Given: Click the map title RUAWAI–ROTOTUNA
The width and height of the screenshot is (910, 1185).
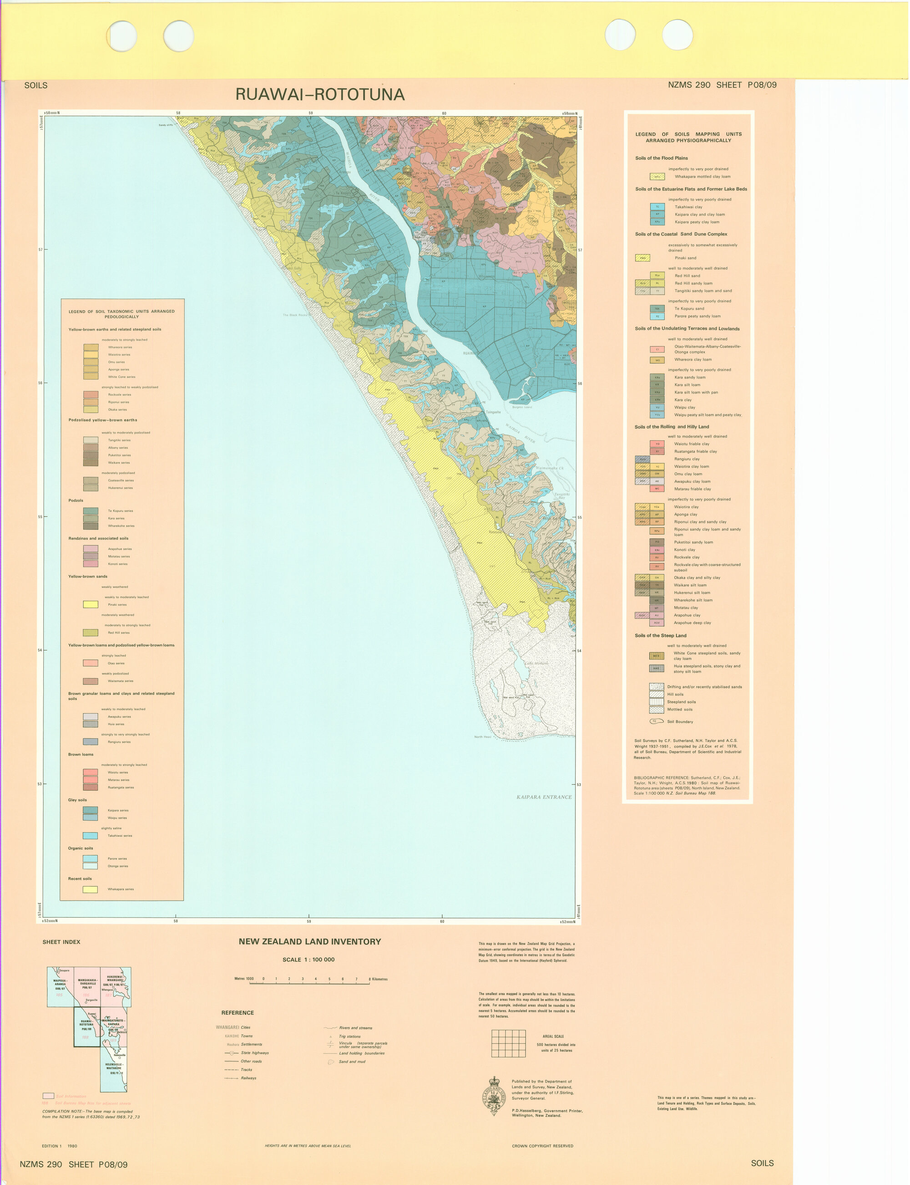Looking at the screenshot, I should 319,95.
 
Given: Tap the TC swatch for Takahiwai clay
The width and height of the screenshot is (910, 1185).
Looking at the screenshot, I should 657,207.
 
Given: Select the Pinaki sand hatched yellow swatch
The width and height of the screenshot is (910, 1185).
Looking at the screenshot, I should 642,258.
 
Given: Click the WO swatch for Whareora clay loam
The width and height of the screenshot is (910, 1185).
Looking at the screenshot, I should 657,360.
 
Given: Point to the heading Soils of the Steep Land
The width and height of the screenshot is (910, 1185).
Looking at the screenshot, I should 660,635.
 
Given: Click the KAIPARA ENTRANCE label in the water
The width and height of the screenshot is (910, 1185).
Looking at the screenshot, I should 543,797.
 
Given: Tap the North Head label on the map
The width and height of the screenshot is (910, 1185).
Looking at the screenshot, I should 482,737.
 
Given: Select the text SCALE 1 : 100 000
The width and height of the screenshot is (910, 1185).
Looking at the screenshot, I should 308,960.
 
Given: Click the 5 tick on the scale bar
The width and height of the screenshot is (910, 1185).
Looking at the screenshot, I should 329,979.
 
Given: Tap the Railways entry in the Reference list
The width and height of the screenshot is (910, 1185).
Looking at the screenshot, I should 248,1078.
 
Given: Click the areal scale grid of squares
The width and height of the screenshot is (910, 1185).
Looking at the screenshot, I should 508,1043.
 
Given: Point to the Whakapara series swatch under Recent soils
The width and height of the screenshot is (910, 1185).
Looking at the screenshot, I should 90,889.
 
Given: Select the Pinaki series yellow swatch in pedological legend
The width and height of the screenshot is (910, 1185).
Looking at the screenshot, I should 91,604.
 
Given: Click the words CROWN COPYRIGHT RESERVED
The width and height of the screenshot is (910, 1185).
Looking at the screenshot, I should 542,1146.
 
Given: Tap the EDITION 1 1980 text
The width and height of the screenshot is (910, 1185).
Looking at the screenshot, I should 59,1146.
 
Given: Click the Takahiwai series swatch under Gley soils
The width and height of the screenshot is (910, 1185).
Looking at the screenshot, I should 90,836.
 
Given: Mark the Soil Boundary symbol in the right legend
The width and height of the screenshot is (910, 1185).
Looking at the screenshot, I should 657,721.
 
